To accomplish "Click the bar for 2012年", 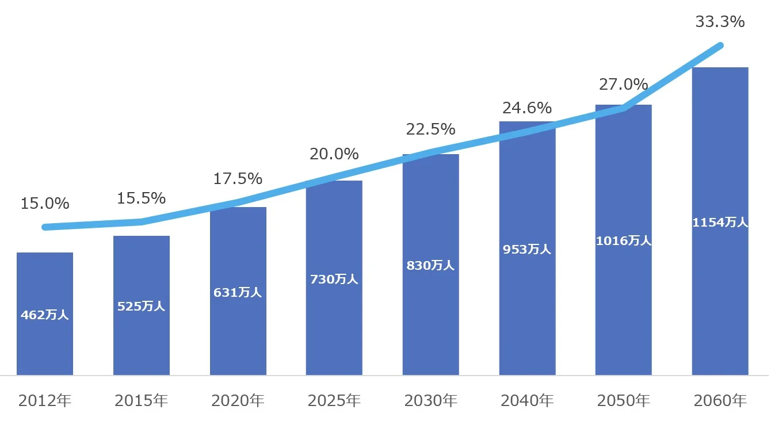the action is pos(45,313).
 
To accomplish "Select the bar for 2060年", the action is pos(720,221).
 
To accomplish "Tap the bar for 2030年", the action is pos(430,265).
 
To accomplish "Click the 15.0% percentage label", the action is pos(45,203).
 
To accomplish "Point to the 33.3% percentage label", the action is pos(720,22).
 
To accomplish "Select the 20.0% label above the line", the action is pos(334,154).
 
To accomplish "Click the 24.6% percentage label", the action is pos(527,108).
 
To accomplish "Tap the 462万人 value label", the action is pos(45,315).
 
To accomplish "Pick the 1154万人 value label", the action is pos(720,222).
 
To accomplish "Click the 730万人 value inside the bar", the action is pos(334,279).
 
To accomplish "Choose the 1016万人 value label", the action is pos(623,240).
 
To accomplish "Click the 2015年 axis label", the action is pos(141,400).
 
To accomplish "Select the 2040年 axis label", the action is pos(527,400).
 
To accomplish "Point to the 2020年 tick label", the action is pos(238,400).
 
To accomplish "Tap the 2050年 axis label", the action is pos(623,400).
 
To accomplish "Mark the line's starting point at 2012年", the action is pos(45,227).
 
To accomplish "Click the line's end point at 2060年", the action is pos(720,45).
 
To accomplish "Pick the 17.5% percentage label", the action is pos(238,179).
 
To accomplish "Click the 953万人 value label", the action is pos(527,249).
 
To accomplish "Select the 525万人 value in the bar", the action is pos(141,306).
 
